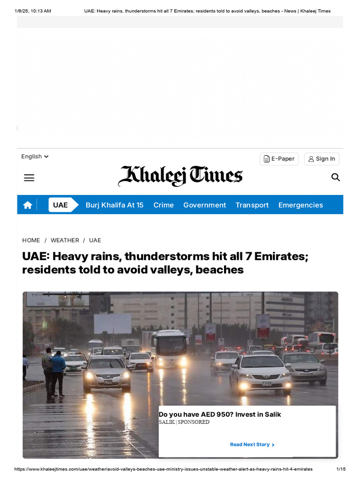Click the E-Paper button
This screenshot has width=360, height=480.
tap(279, 159)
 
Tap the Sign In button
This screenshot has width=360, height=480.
tap(322, 159)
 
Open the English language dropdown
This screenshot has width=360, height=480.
tap(35, 157)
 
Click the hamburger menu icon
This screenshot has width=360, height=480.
tap(29, 178)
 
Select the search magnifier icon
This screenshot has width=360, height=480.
tap(336, 177)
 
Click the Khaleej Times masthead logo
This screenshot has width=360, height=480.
tap(180, 176)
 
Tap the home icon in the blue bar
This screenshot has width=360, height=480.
tap(28, 205)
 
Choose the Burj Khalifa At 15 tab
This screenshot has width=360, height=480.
tap(114, 205)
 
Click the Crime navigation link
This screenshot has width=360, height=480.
tap(164, 205)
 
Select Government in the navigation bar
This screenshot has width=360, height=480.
tap(204, 205)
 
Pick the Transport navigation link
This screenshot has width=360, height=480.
tap(252, 205)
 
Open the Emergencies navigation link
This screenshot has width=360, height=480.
tap(300, 205)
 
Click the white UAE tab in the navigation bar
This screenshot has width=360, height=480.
tap(60, 205)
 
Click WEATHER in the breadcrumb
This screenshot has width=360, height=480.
tap(65, 240)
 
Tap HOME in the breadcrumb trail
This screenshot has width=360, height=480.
tap(31, 240)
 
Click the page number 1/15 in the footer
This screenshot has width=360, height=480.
tap(341, 469)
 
